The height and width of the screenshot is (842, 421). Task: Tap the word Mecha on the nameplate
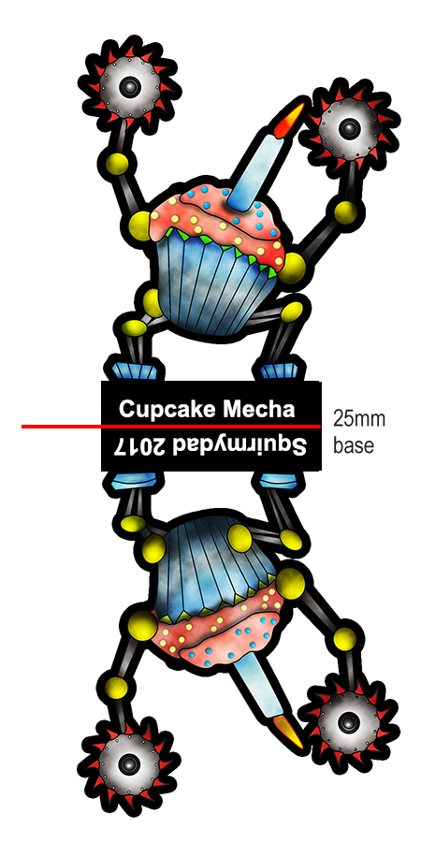[x=259, y=409]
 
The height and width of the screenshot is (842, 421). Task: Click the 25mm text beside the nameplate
[x=359, y=418]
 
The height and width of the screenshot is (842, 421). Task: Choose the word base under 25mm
[x=354, y=445]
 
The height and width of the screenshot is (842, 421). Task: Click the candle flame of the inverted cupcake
[x=289, y=731]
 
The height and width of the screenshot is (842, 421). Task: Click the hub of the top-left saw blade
[x=130, y=87]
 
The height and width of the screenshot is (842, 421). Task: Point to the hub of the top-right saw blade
[x=350, y=128]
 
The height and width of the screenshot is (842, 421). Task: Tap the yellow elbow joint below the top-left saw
[x=117, y=164]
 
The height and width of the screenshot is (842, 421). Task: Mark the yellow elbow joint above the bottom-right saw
[x=344, y=639]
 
